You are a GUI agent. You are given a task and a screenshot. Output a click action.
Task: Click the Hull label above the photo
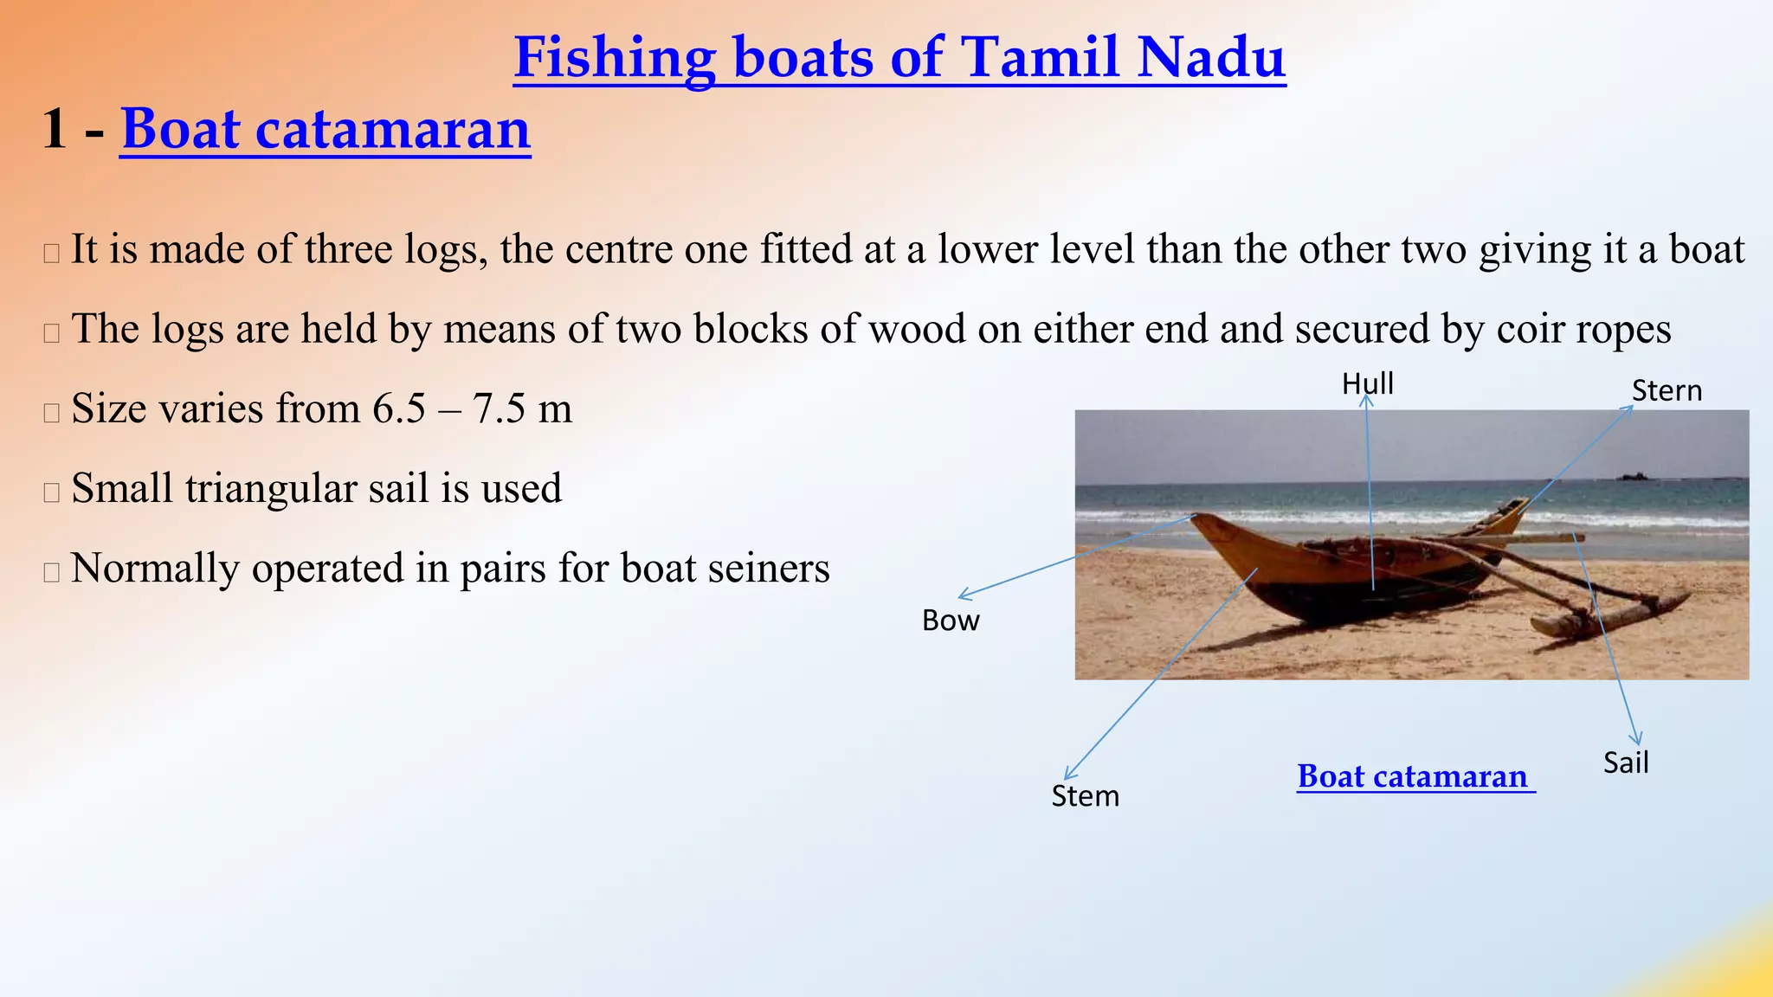(x=1367, y=383)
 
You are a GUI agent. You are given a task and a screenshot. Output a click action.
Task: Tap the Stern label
(x=1667, y=391)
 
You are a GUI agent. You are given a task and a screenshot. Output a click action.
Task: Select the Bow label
(x=950, y=621)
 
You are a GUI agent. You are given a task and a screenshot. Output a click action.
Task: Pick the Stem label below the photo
(x=1085, y=796)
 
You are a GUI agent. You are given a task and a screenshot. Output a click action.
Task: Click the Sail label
(x=1625, y=763)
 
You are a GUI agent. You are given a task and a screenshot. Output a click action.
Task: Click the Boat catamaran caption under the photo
(x=1415, y=776)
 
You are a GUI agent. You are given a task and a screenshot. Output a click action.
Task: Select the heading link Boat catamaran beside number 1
(x=326, y=130)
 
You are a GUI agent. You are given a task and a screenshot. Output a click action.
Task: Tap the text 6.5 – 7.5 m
(x=473, y=408)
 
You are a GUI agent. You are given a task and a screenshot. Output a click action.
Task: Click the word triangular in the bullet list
(x=271, y=489)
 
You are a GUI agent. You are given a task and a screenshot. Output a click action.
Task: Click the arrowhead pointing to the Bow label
(x=962, y=596)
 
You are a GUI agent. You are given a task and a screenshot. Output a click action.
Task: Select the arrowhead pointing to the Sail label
(x=1636, y=740)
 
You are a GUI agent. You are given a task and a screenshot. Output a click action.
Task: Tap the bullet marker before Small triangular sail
(x=51, y=492)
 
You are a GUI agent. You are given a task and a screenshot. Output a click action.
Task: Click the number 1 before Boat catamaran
(x=54, y=130)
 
